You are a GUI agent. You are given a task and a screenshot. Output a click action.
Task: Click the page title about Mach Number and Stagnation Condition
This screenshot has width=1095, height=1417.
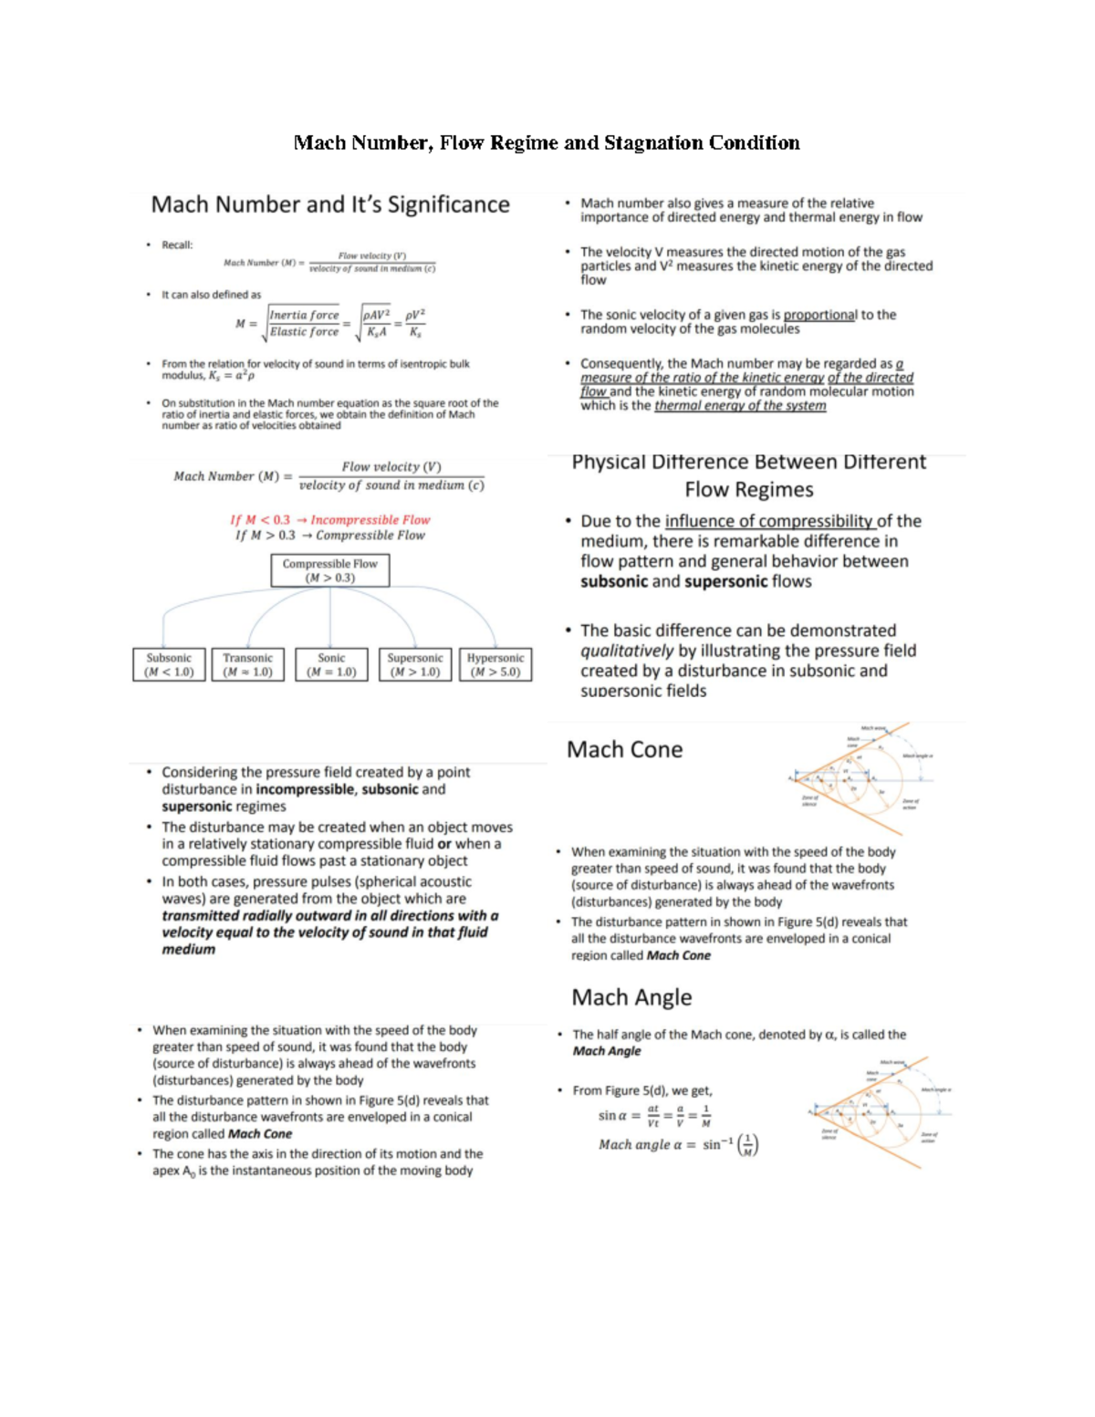(x=546, y=142)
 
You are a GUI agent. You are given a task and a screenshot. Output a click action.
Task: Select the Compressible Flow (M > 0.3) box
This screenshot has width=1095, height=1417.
(x=329, y=571)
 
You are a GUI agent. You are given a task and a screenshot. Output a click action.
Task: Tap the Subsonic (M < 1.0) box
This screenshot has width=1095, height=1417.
(x=169, y=664)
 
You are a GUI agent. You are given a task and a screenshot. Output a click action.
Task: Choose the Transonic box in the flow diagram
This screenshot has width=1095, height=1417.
(x=247, y=664)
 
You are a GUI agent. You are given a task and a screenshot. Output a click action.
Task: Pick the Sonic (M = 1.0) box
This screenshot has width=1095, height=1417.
(x=331, y=664)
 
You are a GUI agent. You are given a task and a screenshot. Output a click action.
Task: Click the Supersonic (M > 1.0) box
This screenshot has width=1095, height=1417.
(x=415, y=664)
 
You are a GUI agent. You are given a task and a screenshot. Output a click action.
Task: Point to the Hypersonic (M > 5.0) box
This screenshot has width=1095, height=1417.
(x=495, y=664)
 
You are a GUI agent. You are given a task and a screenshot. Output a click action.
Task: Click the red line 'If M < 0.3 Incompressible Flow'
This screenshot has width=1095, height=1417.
(x=329, y=519)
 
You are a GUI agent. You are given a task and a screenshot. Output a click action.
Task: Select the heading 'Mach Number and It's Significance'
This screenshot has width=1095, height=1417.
(x=330, y=204)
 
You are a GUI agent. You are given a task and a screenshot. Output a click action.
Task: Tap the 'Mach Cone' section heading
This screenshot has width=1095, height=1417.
(x=624, y=749)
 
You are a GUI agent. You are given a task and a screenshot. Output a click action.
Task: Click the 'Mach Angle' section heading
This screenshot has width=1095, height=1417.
(x=631, y=997)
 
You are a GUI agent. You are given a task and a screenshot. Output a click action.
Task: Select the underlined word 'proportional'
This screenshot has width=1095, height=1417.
(x=819, y=315)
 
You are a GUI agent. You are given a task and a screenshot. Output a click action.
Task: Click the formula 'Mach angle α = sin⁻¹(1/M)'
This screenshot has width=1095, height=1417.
(x=678, y=1144)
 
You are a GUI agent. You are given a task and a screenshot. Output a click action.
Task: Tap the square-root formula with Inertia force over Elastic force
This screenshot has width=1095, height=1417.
(x=330, y=323)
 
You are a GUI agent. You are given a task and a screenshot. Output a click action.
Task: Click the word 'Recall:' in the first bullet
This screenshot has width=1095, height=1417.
(x=177, y=245)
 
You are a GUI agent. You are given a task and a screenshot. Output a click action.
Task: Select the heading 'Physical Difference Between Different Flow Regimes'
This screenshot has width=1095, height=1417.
(x=748, y=475)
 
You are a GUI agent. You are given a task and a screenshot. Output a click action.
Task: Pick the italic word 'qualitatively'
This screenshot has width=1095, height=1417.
(x=626, y=651)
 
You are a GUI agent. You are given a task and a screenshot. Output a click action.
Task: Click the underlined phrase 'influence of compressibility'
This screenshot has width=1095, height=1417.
(x=769, y=521)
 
